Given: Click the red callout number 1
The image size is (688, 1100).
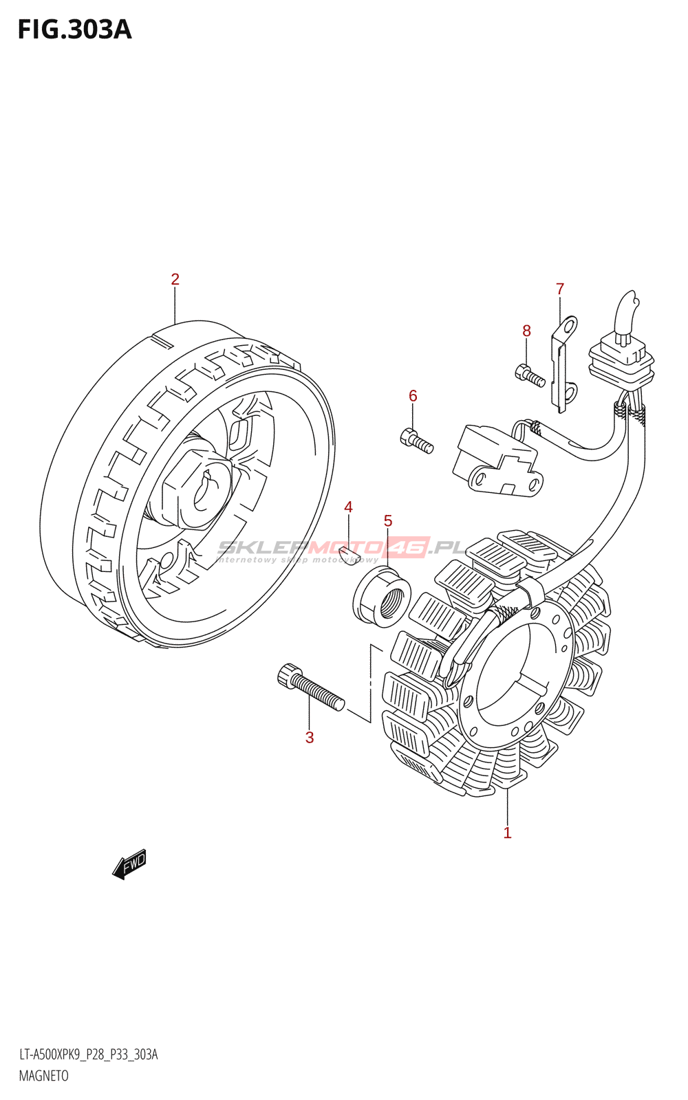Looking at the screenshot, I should point(507,833).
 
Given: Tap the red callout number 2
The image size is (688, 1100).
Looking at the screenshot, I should point(175,279).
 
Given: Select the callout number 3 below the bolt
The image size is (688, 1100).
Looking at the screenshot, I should point(310,738).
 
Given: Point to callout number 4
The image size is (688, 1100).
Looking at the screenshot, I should point(348,507).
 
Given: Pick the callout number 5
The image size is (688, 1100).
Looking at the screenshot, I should point(388,521).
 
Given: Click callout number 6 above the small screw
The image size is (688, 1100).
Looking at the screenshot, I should point(413,395).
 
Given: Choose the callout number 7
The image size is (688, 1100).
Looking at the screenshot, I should point(560,289).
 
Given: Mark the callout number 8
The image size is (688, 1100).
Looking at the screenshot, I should point(526,331).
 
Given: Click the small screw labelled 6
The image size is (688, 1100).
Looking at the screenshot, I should point(416,441).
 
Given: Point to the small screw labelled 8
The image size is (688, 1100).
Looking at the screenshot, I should point(529,375).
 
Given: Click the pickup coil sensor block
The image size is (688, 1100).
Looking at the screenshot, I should point(495,460).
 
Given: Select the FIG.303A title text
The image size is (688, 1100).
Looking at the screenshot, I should point(74,30).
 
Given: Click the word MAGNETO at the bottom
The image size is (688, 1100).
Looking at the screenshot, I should point(43,1076).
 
